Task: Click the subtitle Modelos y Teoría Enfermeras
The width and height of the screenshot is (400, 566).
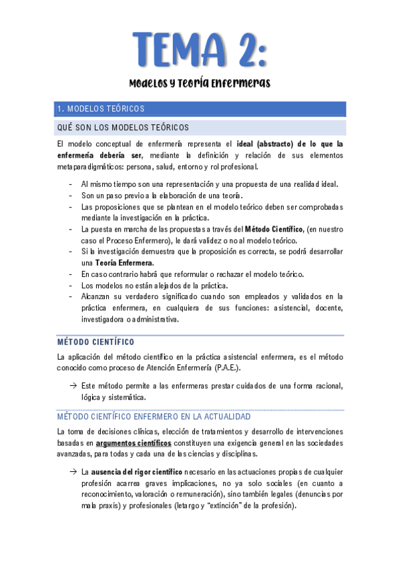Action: (x=200, y=84)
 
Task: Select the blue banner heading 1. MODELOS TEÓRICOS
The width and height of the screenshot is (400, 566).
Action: (x=101, y=109)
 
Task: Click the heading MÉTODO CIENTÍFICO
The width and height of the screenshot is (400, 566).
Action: (x=96, y=342)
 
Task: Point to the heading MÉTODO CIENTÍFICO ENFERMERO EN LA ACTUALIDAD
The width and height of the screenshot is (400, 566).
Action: (x=145, y=416)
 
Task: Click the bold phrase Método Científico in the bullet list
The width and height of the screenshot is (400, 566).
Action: (x=274, y=229)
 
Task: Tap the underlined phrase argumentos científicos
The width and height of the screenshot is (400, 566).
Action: (x=134, y=443)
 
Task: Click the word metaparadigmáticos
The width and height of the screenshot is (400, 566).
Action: (x=91, y=167)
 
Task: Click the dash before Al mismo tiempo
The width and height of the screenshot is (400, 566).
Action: (x=71, y=184)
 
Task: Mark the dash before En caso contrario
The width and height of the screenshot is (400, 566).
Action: (x=71, y=274)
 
